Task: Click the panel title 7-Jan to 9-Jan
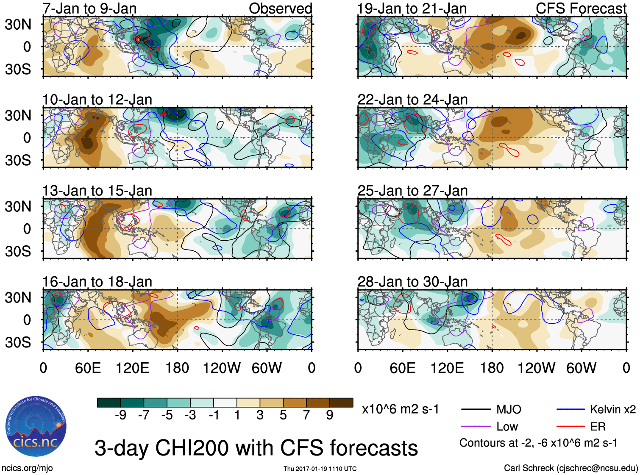(89, 8)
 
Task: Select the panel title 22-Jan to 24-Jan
(412, 100)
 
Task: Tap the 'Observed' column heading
(280, 8)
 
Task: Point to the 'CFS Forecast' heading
(581, 8)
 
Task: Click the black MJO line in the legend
(476, 409)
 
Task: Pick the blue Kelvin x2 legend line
(571, 409)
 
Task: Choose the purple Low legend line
(476, 427)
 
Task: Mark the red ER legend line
(571, 427)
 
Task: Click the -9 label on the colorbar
(120, 415)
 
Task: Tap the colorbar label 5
(283, 415)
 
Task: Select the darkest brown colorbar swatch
(341, 403)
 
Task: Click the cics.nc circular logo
(36, 427)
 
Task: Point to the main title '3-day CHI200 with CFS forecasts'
(256, 448)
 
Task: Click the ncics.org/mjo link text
(27, 468)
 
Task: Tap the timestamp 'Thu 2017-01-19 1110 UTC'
(320, 469)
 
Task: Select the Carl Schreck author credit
(570, 468)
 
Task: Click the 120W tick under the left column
(222, 368)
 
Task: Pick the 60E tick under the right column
(403, 368)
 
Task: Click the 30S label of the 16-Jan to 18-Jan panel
(18, 342)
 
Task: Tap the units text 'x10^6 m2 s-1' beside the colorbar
(400, 409)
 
